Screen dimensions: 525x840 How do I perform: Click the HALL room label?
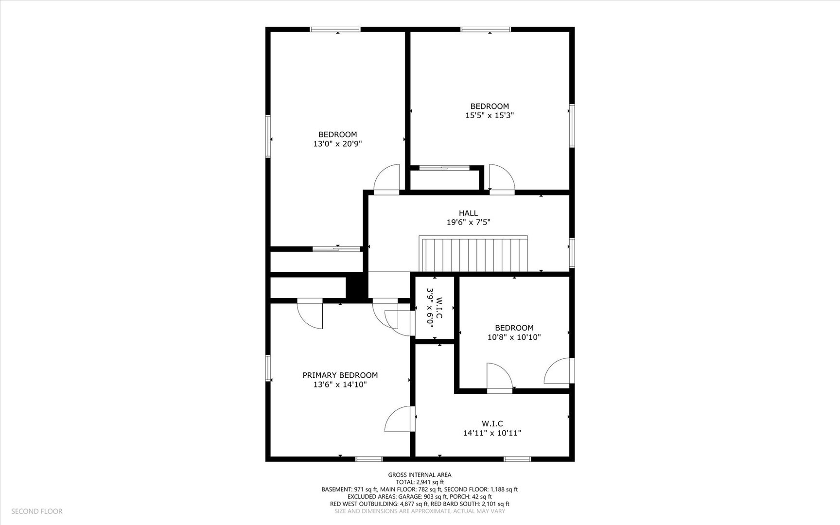click(468, 213)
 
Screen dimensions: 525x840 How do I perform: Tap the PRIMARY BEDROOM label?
click(340, 375)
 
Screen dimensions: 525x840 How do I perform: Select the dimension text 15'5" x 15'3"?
click(490, 115)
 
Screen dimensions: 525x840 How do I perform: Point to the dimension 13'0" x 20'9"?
click(338, 144)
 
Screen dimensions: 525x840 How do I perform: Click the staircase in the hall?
click(474, 254)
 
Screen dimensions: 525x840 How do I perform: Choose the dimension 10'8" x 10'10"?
click(514, 337)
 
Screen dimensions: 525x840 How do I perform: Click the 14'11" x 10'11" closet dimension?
click(492, 433)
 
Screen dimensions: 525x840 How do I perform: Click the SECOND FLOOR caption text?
click(37, 511)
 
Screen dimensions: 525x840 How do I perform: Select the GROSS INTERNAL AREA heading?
click(420, 475)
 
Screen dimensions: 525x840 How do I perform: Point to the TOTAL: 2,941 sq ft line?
click(420, 482)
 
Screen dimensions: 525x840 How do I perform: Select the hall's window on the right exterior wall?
click(572, 253)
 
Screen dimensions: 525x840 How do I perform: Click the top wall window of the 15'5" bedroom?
click(486, 29)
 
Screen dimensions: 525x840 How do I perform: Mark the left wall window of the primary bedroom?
click(268, 368)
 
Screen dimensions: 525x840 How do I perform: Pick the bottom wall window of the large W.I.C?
click(517, 459)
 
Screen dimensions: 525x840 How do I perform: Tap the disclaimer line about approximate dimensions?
click(420, 511)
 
